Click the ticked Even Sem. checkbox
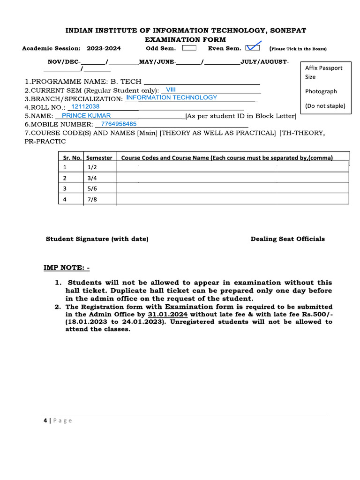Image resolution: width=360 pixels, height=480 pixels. [252, 47]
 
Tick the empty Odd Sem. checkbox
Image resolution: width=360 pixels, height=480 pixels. [189, 48]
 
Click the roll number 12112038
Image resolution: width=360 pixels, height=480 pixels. [85, 106]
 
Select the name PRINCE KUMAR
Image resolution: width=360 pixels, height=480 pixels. [86, 115]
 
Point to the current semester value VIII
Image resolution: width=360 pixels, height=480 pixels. [171, 89]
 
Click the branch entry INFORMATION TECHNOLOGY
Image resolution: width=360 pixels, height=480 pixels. [172, 97]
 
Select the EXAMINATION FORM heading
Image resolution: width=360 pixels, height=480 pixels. [185, 40]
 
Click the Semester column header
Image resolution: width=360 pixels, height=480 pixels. [99, 158]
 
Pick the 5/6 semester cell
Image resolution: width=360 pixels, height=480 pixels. [92, 188]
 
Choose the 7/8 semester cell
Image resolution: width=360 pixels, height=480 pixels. [92, 200]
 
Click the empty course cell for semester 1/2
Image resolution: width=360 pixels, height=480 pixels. [232, 167]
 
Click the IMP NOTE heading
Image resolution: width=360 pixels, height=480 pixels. [67, 268]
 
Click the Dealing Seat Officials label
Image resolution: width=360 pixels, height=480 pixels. [287, 239]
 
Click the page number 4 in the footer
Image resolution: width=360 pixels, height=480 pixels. [45, 421]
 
